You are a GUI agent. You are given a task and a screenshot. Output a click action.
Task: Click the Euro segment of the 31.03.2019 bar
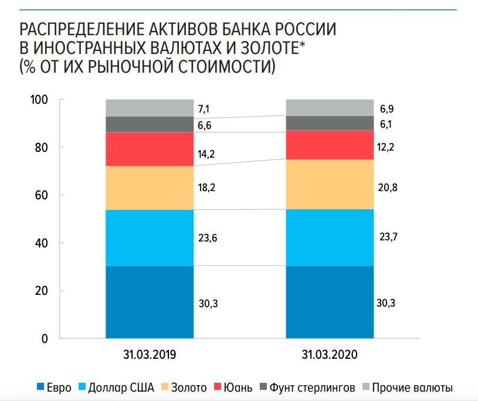(x=150, y=302)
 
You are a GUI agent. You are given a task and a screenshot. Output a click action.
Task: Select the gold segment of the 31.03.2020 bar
(x=330, y=184)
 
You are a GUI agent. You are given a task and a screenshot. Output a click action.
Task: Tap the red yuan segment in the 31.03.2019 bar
(x=150, y=149)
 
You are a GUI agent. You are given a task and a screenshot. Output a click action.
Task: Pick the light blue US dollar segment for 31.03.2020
(x=330, y=237)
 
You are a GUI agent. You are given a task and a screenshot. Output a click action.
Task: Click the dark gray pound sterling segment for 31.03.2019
(x=150, y=124)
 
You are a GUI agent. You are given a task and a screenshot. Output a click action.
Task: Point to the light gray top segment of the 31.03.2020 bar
(x=330, y=107)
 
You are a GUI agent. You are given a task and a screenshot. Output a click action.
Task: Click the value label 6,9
(x=385, y=110)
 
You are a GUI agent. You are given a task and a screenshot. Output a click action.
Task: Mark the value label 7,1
(x=206, y=108)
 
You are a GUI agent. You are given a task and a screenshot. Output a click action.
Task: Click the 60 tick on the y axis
(x=40, y=195)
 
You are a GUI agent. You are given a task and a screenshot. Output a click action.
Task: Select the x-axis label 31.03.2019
(x=150, y=355)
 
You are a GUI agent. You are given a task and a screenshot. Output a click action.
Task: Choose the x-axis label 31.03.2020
(x=330, y=355)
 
